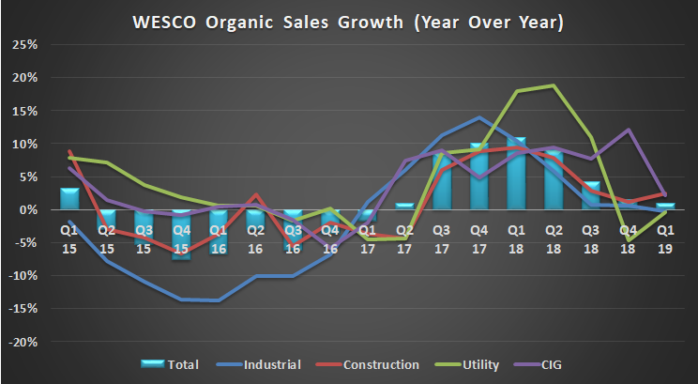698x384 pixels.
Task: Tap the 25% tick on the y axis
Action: [23, 45]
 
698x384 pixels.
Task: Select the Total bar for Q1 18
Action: [517, 174]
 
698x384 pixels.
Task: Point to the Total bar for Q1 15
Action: [69, 199]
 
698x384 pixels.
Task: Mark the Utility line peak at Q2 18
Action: [554, 85]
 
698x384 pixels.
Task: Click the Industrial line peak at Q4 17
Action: [480, 117]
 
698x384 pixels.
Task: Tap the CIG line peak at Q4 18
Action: [628, 130]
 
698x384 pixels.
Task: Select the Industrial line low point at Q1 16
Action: [218, 300]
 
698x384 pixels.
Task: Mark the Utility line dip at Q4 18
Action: [628, 241]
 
